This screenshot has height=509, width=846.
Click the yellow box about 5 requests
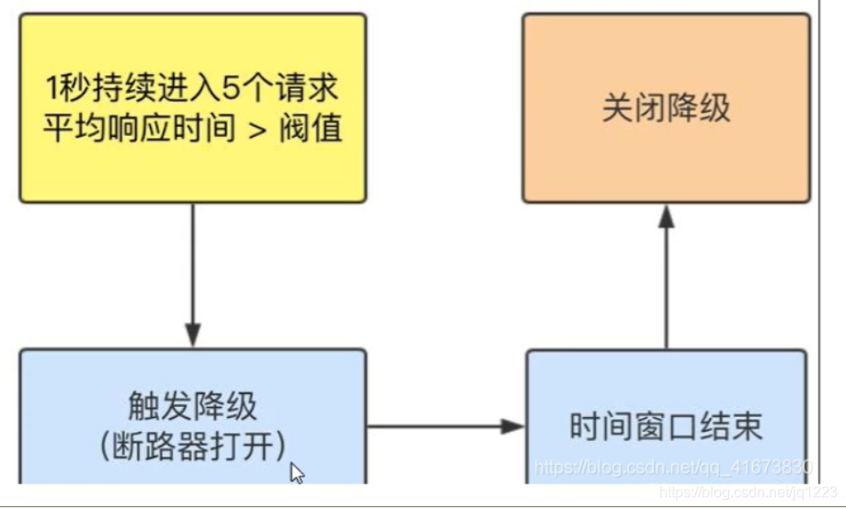192,107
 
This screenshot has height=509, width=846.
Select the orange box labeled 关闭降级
666,107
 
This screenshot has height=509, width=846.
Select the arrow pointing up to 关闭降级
667,276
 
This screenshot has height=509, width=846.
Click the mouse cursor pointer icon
297,473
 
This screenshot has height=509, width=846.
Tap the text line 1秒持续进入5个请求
192,90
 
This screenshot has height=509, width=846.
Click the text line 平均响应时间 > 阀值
192,127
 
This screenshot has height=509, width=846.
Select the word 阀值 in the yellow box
315,127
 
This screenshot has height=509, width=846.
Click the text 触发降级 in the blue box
192,406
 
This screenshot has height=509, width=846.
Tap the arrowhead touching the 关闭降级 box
667,217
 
